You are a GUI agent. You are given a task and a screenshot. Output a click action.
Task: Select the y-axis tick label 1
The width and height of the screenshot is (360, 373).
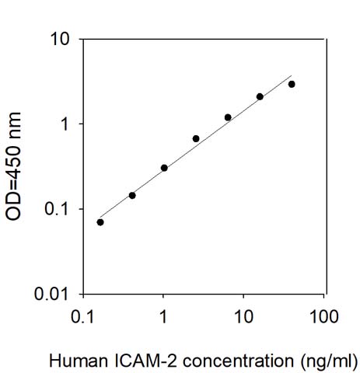(68, 124)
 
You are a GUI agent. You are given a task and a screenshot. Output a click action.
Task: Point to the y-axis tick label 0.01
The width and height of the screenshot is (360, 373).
(56, 295)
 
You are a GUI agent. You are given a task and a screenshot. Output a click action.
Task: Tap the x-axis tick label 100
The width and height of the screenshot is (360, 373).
(323, 316)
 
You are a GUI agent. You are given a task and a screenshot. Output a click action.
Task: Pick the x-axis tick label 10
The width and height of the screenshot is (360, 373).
(243, 316)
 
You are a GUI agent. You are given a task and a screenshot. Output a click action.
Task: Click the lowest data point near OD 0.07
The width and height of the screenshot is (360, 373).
(100, 222)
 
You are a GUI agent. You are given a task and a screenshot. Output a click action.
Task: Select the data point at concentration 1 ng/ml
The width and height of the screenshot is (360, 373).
(164, 168)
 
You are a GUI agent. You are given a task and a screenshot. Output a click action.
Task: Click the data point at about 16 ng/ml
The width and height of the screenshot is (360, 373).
(260, 97)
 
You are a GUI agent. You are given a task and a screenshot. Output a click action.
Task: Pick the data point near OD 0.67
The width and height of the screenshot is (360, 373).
(196, 138)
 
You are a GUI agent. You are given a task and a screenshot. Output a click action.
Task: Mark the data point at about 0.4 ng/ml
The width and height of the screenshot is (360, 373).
(132, 195)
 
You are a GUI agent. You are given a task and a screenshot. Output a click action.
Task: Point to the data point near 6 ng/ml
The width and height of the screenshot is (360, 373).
(228, 117)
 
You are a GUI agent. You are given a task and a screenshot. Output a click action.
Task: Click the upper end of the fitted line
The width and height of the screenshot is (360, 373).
(292, 76)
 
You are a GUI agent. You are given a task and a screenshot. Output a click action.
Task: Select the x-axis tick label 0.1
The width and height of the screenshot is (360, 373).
(83, 316)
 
